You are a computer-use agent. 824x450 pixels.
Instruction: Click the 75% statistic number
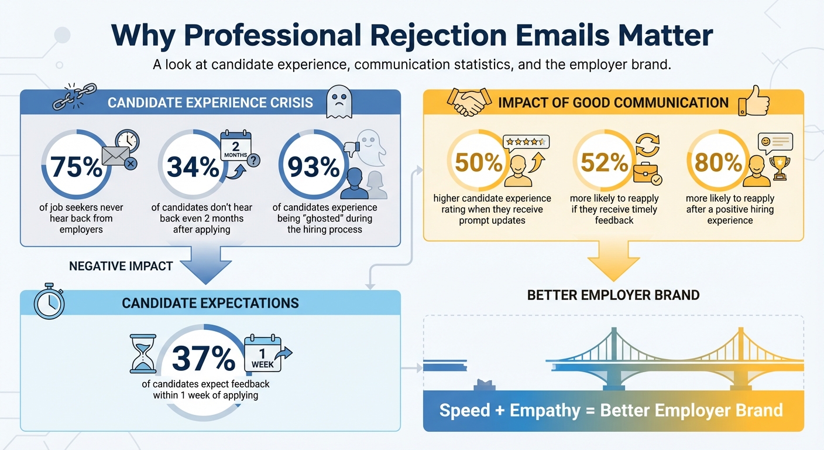coord(76,166)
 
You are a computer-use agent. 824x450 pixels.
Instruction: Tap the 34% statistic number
coord(193,166)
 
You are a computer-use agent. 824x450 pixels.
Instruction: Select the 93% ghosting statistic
coord(314,166)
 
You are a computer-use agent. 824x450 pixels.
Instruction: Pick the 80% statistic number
coord(718,162)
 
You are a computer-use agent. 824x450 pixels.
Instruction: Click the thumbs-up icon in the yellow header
coord(754,101)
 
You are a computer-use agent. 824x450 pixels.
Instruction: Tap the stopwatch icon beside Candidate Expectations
coord(49,303)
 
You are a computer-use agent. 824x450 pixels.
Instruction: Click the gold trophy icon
coord(781,167)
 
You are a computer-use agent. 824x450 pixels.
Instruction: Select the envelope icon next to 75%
coord(117,156)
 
